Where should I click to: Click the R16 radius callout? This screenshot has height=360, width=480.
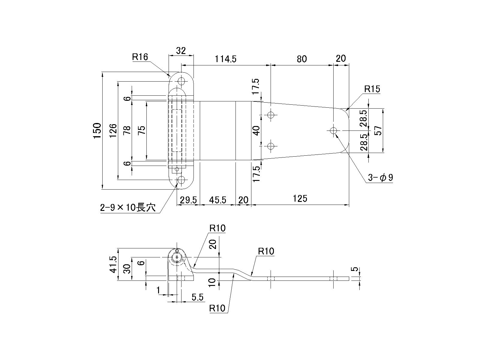(x=140, y=57)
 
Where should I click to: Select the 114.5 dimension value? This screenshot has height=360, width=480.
(x=226, y=59)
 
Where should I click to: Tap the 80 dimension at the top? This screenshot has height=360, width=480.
(x=302, y=59)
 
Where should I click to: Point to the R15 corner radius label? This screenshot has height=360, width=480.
(x=372, y=89)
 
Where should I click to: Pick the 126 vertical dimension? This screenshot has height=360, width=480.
(x=113, y=130)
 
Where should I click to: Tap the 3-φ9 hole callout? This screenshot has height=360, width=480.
(x=380, y=178)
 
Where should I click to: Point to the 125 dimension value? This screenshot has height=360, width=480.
(x=300, y=198)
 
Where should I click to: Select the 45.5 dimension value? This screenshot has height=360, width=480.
(x=218, y=200)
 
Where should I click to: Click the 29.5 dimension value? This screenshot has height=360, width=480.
(x=188, y=200)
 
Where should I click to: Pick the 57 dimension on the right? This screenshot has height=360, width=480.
(x=379, y=130)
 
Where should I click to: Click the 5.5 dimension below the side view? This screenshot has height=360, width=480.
(x=198, y=298)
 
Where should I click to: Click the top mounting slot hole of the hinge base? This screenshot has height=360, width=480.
(x=181, y=81)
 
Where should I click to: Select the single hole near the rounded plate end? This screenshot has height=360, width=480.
(x=333, y=130)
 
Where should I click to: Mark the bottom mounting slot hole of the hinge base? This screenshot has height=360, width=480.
(x=181, y=180)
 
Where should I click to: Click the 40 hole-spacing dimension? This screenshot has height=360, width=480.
(x=256, y=130)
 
